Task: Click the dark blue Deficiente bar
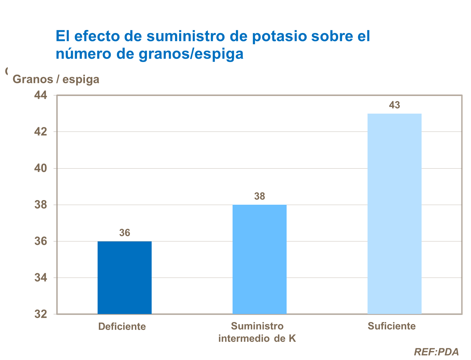[x=124, y=278]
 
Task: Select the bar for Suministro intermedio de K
[x=259, y=259]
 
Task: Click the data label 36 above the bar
[x=125, y=233]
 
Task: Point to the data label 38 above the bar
[x=259, y=196]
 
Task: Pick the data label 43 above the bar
[x=394, y=105]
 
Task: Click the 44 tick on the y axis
[x=41, y=95]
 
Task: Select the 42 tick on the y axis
[x=41, y=132]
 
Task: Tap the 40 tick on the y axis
[x=41, y=168]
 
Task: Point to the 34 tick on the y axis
[x=41, y=278]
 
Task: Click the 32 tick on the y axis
[x=41, y=314]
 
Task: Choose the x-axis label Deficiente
[x=122, y=326]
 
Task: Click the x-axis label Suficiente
[x=392, y=326]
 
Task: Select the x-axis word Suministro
[x=257, y=326]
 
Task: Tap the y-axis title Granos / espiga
[x=56, y=79]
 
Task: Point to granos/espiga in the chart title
[x=191, y=54]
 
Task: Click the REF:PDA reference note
[x=436, y=352]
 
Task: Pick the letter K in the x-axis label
[x=292, y=338]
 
